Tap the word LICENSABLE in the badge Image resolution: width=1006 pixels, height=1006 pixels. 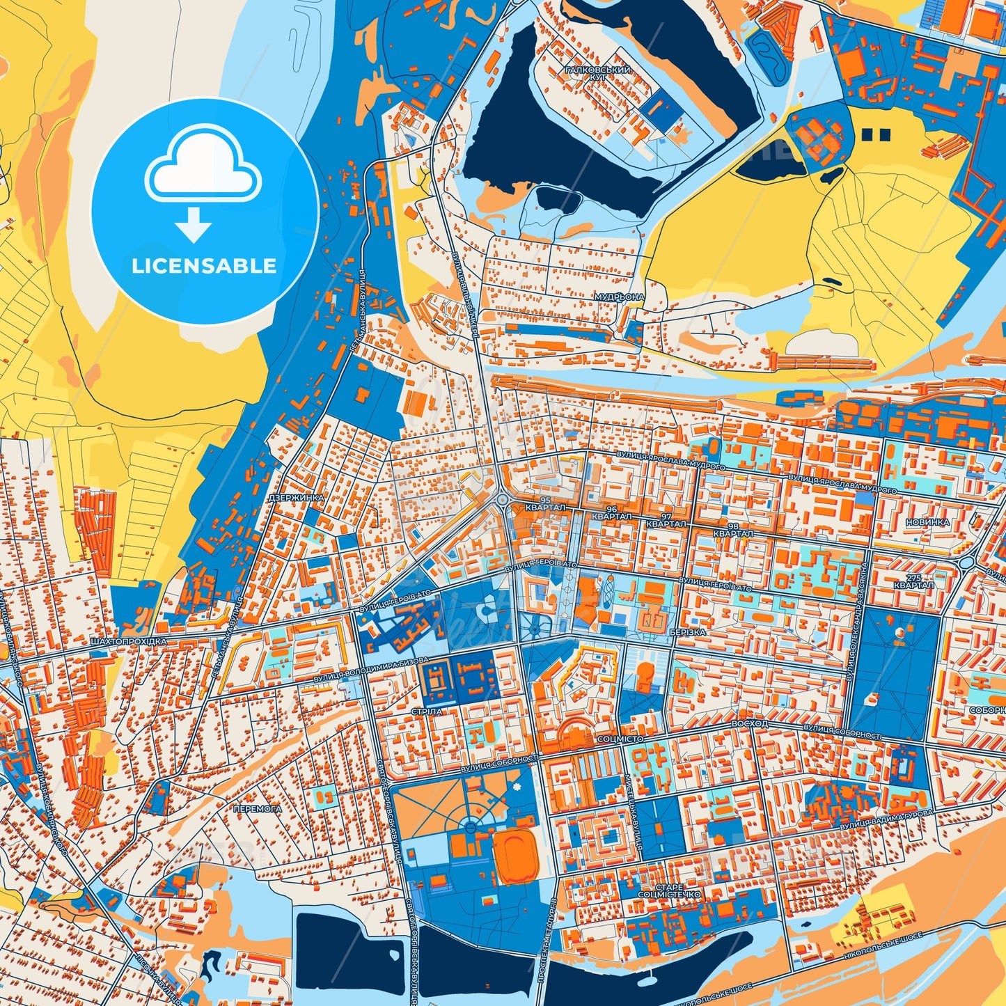(x=204, y=266)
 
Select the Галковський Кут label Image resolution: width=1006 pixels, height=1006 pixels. (x=597, y=74)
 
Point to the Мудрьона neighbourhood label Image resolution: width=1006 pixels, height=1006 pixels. (x=619, y=297)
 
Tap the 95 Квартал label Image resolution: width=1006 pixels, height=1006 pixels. (x=545, y=504)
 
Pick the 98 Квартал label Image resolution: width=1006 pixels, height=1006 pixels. (x=732, y=530)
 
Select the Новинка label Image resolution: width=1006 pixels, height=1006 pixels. (x=927, y=522)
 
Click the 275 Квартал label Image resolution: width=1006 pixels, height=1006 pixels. (x=913, y=581)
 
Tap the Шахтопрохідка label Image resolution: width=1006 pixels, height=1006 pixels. (x=119, y=640)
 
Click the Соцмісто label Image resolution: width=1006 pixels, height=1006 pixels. (x=620, y=739)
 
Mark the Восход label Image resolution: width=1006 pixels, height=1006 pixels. (x=750, y=724)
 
